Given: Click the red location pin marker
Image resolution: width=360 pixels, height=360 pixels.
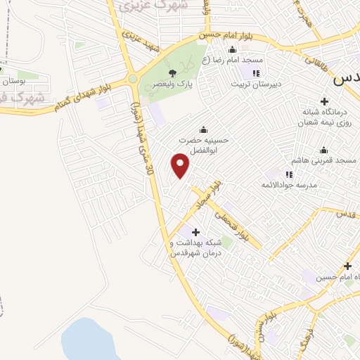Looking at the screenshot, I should point(181,166).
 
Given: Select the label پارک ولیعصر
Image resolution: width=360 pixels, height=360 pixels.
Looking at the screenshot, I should point(172,83).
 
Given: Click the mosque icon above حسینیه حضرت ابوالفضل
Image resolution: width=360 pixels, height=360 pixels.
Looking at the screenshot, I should point(204,129).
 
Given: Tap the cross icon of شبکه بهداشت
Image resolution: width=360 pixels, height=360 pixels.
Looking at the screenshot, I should point(195,232).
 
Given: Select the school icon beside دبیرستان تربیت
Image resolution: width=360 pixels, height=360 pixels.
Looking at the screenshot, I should point(256,73).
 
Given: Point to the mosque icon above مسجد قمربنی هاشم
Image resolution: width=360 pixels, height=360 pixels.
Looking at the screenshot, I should point(323,150).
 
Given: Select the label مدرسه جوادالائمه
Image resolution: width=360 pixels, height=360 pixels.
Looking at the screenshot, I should point(289,184).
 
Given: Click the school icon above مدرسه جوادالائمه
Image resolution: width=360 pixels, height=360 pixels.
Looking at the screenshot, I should point(289,174).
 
